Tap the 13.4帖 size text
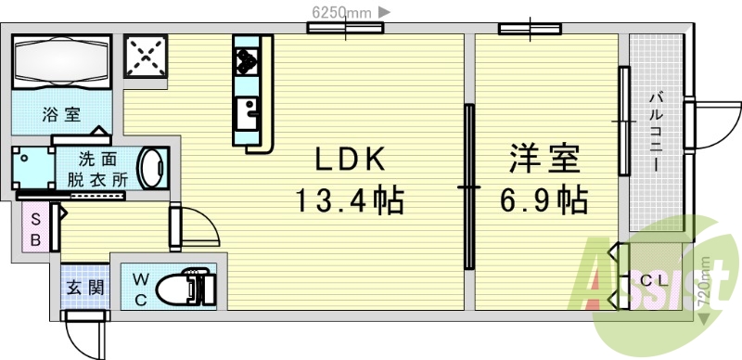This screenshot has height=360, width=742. click(350, 199)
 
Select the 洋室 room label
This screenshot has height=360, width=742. click(544, 160)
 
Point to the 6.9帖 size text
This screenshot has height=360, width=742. click(544, 199)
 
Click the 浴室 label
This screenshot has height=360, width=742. click(60, 115)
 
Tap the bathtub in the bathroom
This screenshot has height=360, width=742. click(62, 62)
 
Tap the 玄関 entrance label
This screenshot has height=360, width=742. click(84, 288)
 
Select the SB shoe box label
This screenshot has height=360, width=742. click(35, 228)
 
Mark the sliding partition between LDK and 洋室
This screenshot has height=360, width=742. click(470, 186)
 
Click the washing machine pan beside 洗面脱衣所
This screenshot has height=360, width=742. click(32, 168)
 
